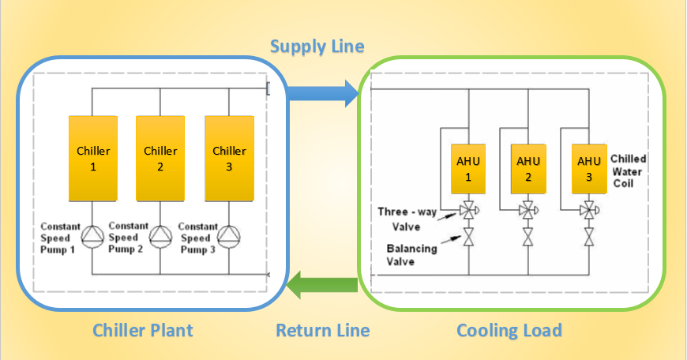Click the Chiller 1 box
pos(93,158)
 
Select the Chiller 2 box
pos(161,158)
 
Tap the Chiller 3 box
pos(229,158)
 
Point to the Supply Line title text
pos(317,46)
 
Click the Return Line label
pos(322,329)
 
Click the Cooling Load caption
pos(509,329)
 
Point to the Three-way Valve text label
pos(404,219)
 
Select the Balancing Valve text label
pos(411,255)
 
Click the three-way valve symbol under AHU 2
pos(527,211)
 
